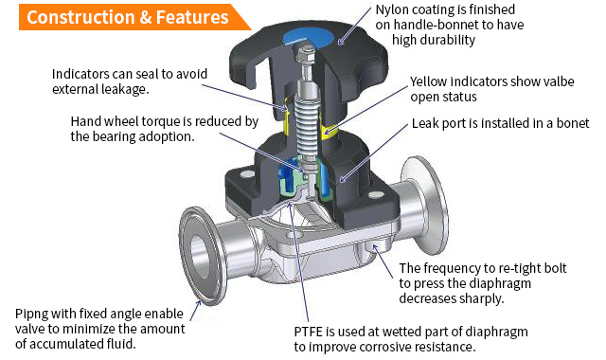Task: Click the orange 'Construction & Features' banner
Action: point(132,17)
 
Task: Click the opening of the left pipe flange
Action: point(200,257)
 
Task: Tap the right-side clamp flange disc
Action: point(424,206)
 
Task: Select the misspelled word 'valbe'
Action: point(559,81)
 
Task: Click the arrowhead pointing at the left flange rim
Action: point(198,304)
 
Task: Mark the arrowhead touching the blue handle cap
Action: point(341,40)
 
